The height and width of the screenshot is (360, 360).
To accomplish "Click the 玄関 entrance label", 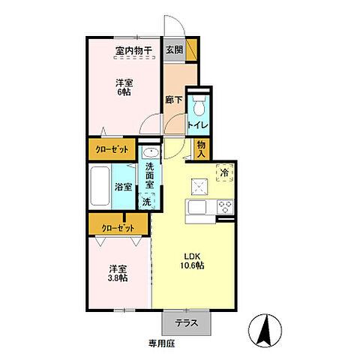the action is click(x=175, y=50).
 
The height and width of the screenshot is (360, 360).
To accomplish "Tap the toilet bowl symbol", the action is click(x=199, y=106).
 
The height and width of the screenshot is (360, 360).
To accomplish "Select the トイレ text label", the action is click(x=198, y=124).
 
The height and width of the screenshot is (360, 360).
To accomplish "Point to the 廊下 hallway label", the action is click(x=174, y=100).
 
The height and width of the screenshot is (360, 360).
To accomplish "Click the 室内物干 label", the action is click(x=133, y=50).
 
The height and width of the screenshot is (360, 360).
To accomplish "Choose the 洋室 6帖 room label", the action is click(x=124, y=87).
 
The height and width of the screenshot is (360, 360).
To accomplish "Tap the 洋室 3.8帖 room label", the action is click(x=118, y=274).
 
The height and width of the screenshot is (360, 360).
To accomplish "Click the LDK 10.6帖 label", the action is click(x=192, y=261).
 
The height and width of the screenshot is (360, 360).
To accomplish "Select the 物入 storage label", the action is click(x=201, y=149).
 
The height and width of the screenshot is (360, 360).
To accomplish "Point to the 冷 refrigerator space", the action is click(x=224, y=172).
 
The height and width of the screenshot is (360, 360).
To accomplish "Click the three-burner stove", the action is click(x=225, y=207).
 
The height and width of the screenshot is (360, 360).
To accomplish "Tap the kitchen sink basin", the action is click(x=197, y=207).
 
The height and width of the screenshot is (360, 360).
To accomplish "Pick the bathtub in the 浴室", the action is click(x=100, y=186).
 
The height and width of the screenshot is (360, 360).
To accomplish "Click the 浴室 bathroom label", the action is click(x=123, y=187).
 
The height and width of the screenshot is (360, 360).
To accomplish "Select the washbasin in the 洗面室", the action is click(x=151, y=152).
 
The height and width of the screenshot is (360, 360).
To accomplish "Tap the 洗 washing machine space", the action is click(x=147, y=201).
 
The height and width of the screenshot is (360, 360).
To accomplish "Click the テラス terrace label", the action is click(x=187, y=323).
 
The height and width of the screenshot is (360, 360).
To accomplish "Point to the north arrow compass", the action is click(x=265, y=330).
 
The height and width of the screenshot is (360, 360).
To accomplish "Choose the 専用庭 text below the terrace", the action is click(x=161, y=343).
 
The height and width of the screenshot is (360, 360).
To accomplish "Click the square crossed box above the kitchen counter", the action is click(x=199, y=187).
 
